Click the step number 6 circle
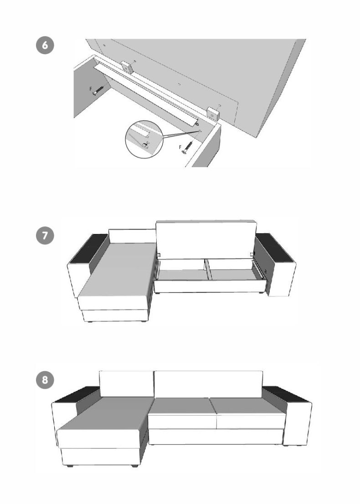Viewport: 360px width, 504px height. (45, 46)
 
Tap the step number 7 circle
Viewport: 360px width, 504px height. (45, 235)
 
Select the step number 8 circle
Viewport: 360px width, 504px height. (45, 380)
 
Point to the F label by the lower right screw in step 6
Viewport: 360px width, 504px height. (180, 147)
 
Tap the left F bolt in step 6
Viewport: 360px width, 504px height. (98, 90)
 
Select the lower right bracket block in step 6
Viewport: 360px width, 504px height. (212, 114)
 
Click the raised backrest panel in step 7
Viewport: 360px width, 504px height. (206, 239)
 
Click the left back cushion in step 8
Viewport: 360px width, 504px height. (126, 384)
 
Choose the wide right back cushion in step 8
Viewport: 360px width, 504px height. (208, 384)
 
